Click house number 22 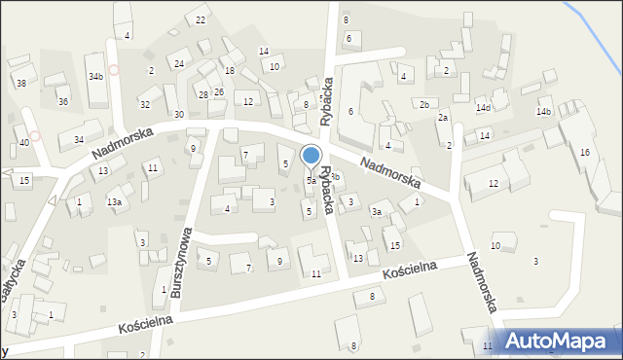pos(202,20)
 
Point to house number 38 pos(20,84)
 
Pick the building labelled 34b pos(95,76)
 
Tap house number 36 pos(62,102)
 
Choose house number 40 pos(24,143)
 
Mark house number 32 pos(145,104)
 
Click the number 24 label pos(179,64)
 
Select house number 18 pos(229,71)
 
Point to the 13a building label pos(115,202)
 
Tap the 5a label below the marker pos(311,181)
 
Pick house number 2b pos(423,104)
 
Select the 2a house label pos(443,118)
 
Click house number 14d pos(483,108)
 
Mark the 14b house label pos(543,112)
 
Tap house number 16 pos(584,153)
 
